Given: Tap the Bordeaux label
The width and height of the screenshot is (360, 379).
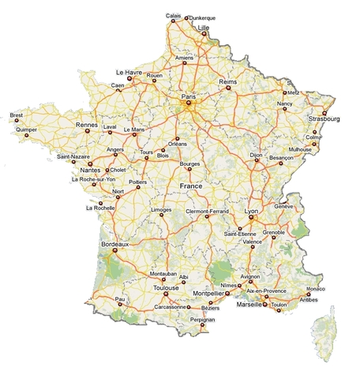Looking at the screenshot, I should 115,245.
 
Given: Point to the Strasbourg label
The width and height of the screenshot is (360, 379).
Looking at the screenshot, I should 324,119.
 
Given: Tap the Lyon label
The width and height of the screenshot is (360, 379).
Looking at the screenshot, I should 252,212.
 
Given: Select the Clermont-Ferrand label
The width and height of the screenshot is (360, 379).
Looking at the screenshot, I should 207,212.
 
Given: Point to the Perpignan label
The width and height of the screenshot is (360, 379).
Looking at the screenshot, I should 203,318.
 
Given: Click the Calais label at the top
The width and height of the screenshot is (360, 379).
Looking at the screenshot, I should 173,16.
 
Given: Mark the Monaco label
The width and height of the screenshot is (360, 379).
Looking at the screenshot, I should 315,289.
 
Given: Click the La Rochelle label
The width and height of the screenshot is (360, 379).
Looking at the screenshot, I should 100,208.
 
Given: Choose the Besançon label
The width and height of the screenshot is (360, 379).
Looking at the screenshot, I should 282,158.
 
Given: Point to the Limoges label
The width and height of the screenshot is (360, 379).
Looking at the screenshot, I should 162,210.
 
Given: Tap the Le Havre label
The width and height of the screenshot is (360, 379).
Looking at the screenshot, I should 129,71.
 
